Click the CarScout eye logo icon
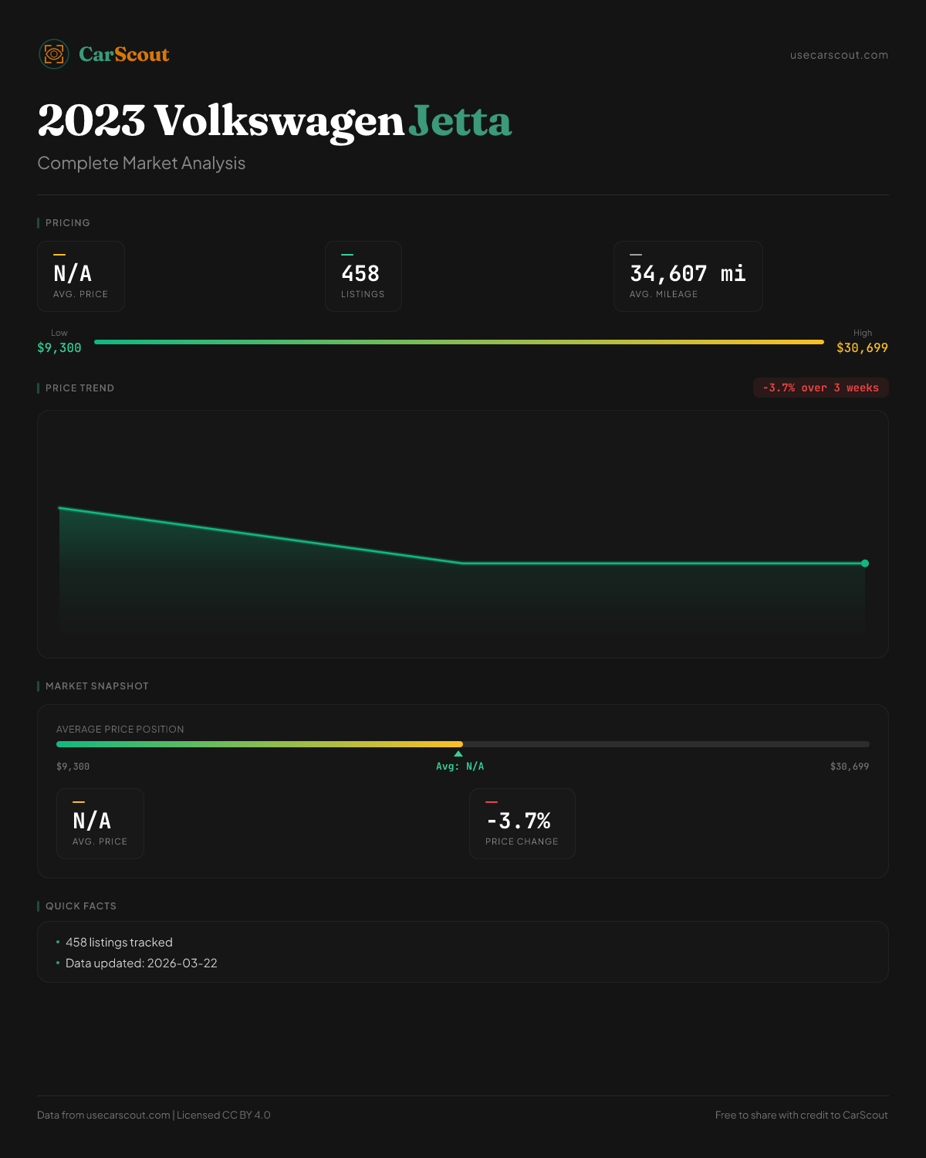[x=54, y=54]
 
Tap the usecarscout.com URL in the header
[x=839, y=55]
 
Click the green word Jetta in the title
[x=460, y=121]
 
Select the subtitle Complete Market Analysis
[x=141, y=163]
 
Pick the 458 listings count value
[x=360, y=274]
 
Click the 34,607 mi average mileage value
[x=688, y=274]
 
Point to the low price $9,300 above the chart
[x=59, y=347]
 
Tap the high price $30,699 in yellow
[x=862, y=347]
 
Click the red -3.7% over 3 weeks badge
[x=820, y=388]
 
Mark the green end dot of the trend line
[x=865, y=564]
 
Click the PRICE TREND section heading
[x=79, y=388]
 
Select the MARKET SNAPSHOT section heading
[x=96, y=686]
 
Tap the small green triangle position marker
[x=458, y=753]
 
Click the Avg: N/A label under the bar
[x=460, y=767]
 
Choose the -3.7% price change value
[x=519, y=821]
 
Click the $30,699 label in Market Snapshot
[x=850, y=767]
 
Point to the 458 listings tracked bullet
[x=119, y=943]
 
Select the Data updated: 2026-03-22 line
[x=141, y=963]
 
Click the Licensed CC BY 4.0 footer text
[x=224, y=1115]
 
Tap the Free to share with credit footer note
[x=801, y=1115]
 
